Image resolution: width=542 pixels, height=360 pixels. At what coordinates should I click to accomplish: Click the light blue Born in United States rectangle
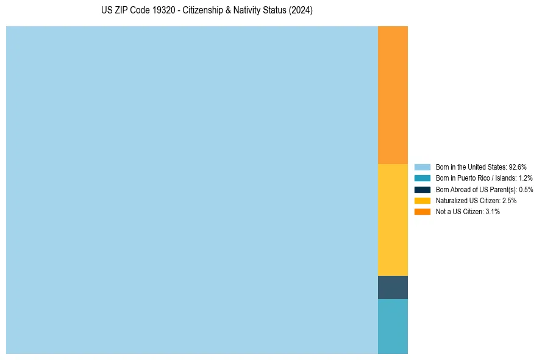tap(192, 190)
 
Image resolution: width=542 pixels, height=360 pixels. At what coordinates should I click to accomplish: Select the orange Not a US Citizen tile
tap(393, 95)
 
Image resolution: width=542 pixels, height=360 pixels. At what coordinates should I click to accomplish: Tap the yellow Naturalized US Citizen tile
tap(393, 220)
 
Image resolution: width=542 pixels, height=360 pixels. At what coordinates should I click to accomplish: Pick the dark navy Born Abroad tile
tap(393, 287)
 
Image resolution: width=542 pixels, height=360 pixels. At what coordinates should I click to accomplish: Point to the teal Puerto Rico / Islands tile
tap(393, 326)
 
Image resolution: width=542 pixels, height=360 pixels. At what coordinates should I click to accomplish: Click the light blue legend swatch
tap(423, 167)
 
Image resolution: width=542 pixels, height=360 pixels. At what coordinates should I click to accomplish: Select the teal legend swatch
tap(423, 178)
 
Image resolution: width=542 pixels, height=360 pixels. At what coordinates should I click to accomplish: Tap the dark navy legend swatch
tap(423, 189)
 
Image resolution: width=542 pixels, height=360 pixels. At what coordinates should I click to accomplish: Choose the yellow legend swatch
tap(423, 200)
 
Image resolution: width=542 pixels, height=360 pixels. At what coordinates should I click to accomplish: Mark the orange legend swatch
tap(423, 211)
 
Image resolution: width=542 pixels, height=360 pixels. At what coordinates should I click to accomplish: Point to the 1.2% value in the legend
tap(525, 178)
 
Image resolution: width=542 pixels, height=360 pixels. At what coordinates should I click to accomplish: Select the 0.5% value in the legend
tap(526, 189)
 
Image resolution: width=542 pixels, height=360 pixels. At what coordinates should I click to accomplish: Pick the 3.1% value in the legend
tap(493, 211)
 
